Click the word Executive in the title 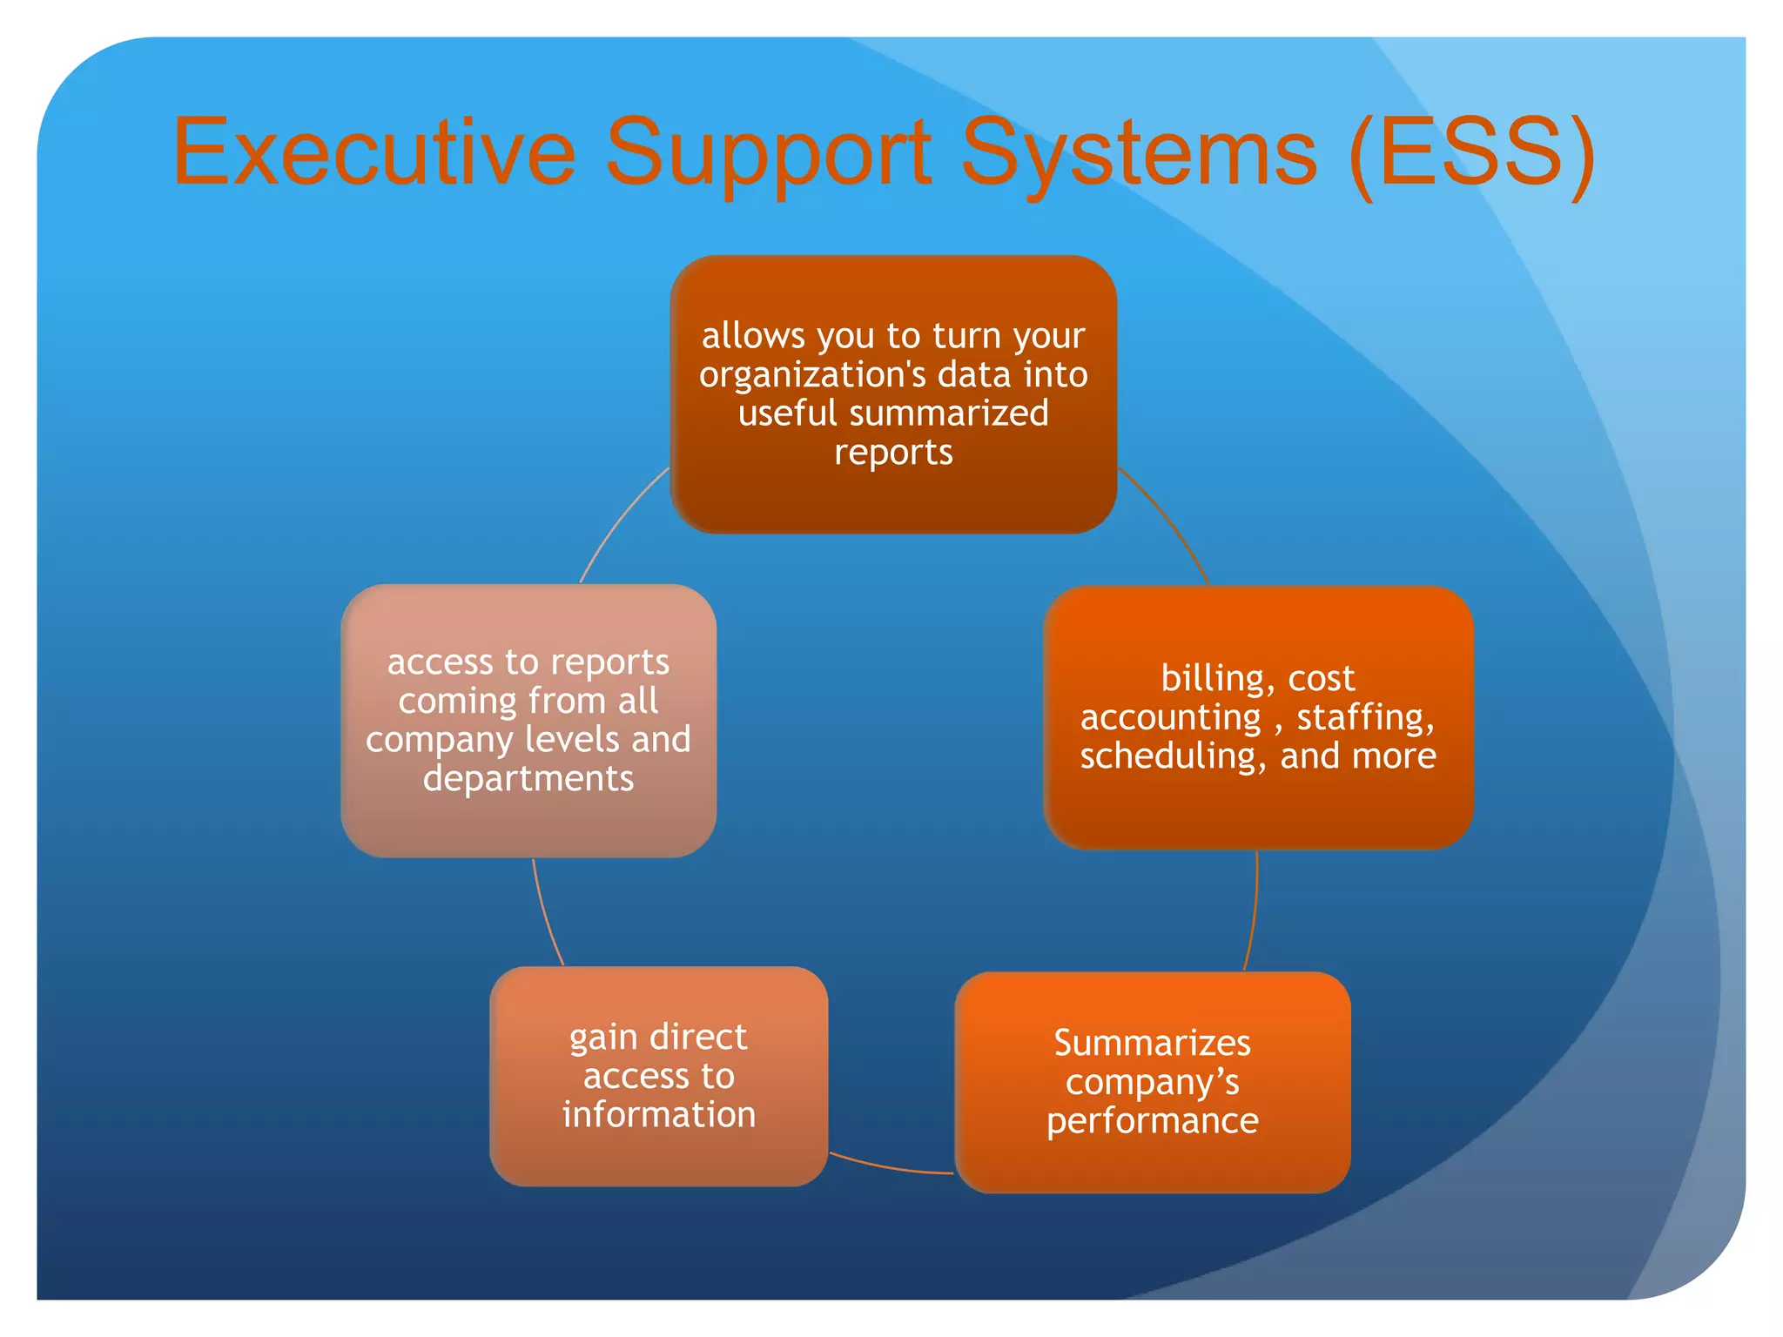(374, 152)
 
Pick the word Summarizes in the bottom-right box (1152, 1043)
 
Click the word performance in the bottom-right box (1152, 1120)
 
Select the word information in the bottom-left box (659, 1115)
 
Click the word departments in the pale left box (528, 778)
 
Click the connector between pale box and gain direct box (544, 914)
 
